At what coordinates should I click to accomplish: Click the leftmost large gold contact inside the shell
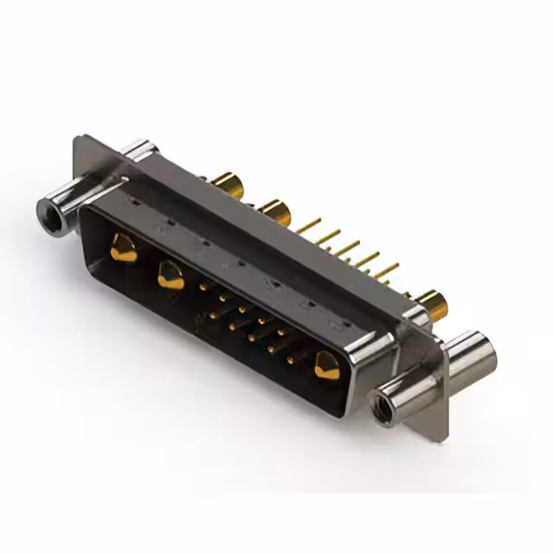point(123,249)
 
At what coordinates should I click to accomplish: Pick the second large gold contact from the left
point(171,276)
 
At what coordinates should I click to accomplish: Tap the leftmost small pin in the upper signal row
point(204,286)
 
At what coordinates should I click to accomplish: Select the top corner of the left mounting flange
point(79,138)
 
